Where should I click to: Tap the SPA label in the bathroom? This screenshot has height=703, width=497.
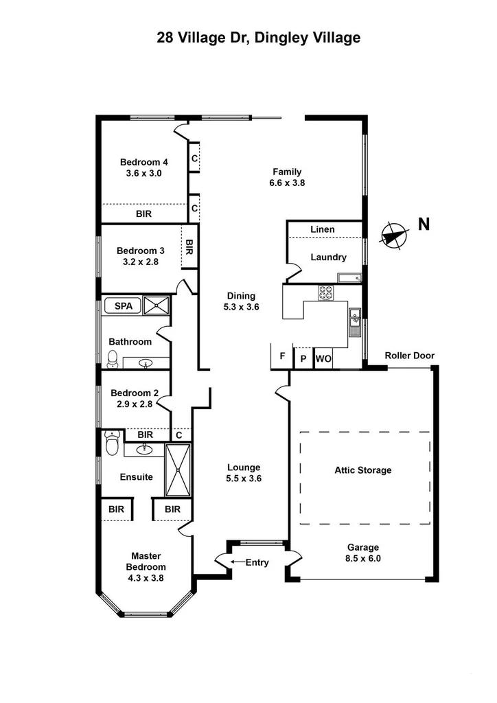tap(123, 306)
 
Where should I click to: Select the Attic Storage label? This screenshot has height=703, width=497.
tap(362, 470)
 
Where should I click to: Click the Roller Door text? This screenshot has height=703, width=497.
tap(409, 356)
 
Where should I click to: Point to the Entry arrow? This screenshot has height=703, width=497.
tap(237, 562)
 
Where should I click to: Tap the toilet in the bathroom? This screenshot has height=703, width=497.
tap(113, 358)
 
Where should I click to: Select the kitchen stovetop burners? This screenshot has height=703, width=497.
tap(325, 292)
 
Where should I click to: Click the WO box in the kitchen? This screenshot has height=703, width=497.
tap(323, 358)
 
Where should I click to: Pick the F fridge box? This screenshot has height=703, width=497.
tap(281, 356)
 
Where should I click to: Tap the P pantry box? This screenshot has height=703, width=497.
tap(303, 358)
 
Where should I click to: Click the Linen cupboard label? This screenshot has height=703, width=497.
tap(322, 229)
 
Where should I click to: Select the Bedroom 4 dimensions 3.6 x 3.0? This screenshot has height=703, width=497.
tap(143, 174)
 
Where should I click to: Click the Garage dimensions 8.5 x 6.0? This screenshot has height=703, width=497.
tap(362, 559)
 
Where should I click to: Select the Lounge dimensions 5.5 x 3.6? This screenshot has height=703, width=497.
tap(244, 479)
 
